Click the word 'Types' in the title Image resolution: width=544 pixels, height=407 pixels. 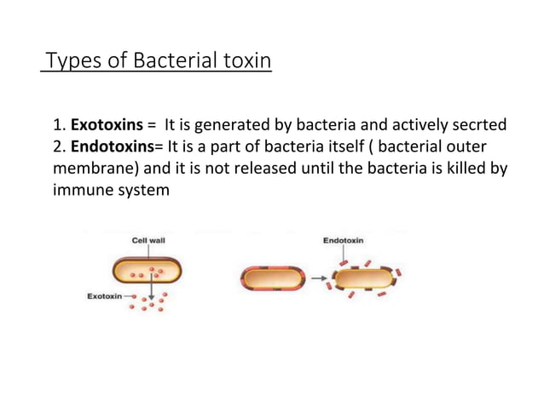(x=69, y=62)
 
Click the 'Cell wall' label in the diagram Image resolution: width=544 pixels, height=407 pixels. (x=148, y=240)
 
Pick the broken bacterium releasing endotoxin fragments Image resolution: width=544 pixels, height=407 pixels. (x=363, y=278)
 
